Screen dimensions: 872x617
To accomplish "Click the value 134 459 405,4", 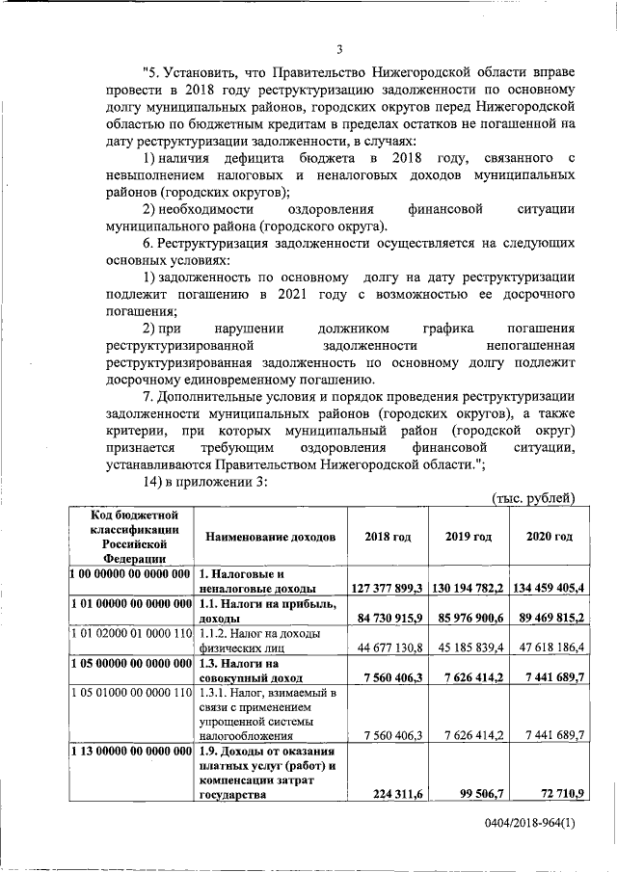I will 545,587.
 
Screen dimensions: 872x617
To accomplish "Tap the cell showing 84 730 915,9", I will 390,617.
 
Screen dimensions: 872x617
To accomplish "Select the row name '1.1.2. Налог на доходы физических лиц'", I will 260,640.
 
